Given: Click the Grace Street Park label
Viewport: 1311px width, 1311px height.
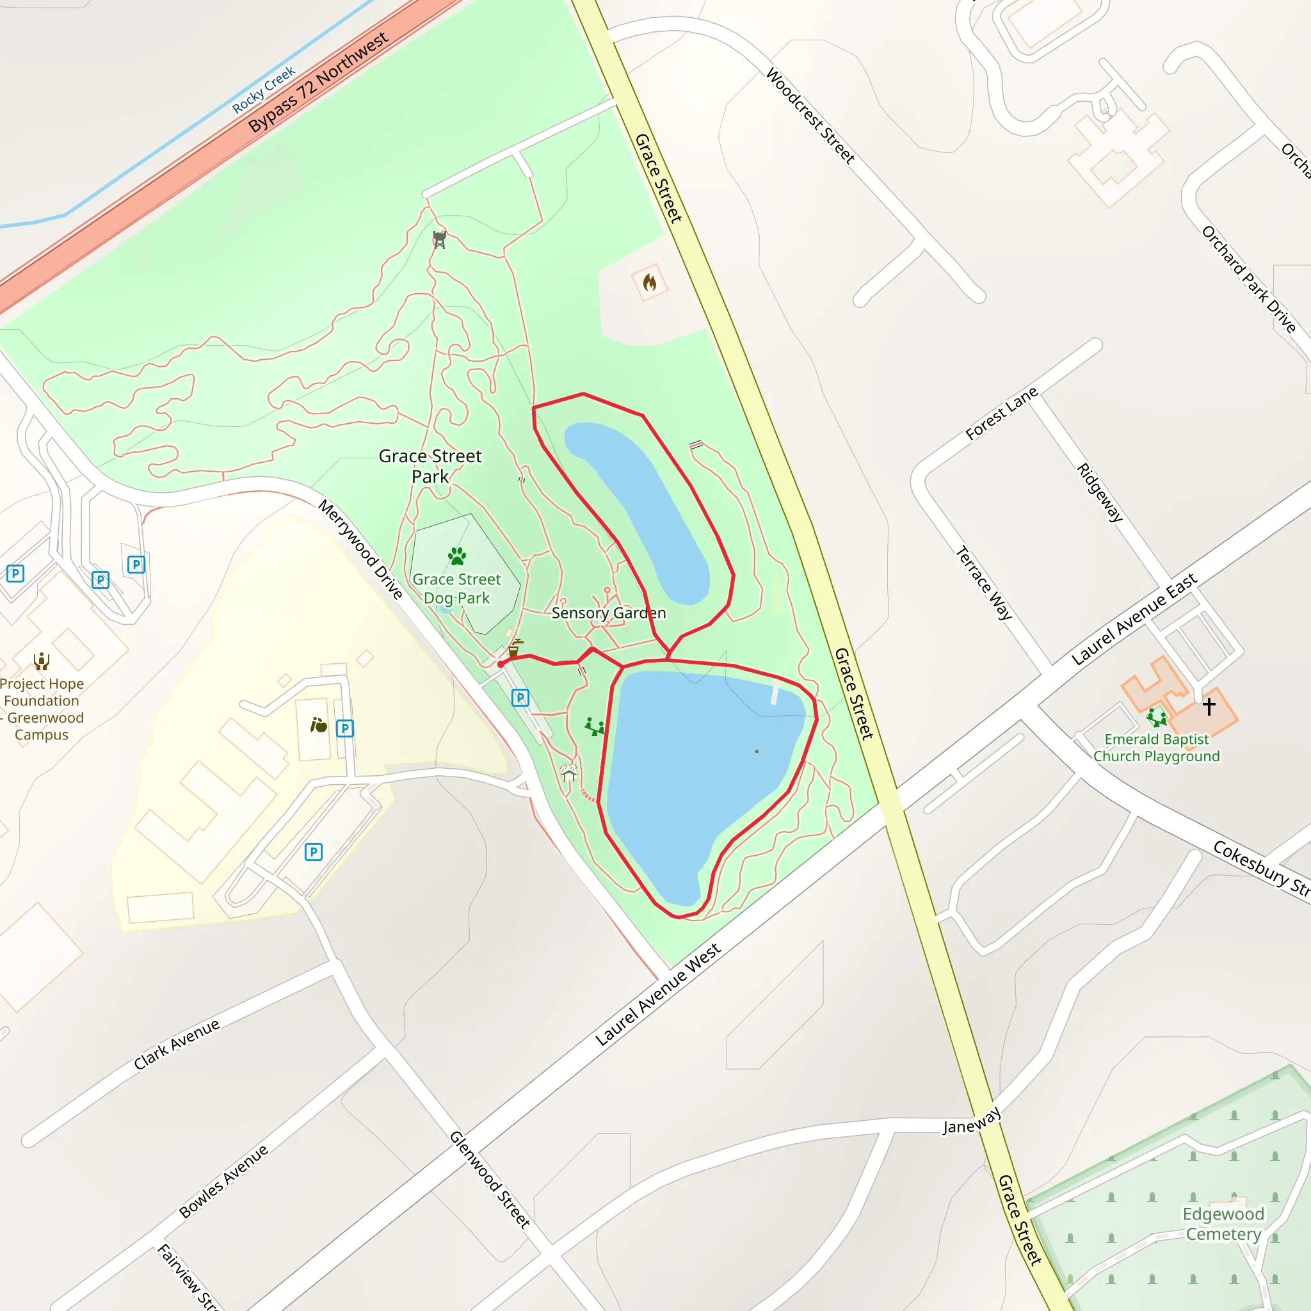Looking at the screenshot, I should point(430,465).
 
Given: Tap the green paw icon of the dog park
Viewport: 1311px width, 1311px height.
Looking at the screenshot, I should point(457,556).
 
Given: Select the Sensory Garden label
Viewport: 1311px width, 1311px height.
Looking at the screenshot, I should point(609,613).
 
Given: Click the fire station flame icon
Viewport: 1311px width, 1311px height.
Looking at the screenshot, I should point(649,282).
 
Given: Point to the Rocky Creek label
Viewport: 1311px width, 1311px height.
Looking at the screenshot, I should point(264,90).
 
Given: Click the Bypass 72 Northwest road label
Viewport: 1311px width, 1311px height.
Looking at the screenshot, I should point(318,82).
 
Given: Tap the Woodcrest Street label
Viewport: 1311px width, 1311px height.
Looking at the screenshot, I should point(810,115).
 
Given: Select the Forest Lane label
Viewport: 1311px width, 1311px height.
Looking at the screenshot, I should point(1001,414).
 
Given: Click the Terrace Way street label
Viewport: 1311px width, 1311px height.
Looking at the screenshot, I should point(984,583).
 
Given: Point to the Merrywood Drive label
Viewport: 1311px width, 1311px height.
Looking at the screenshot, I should point(361,550).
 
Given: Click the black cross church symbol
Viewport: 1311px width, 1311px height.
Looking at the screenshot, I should point(1209,707).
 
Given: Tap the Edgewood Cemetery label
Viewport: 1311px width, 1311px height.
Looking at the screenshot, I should point(1223,1223).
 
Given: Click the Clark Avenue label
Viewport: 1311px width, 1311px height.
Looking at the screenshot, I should point(177,1044).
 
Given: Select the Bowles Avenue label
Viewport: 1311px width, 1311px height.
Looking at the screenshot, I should point(223,1182).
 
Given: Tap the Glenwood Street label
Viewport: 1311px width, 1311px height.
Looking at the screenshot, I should point(490,1179).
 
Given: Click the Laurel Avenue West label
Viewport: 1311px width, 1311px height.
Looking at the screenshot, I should point(657,995).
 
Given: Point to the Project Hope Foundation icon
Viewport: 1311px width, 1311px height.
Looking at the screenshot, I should point(42,660).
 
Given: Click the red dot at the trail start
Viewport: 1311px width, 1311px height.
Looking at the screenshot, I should point(501,664).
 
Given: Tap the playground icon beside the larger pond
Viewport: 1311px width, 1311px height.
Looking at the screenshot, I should point(595,727).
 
